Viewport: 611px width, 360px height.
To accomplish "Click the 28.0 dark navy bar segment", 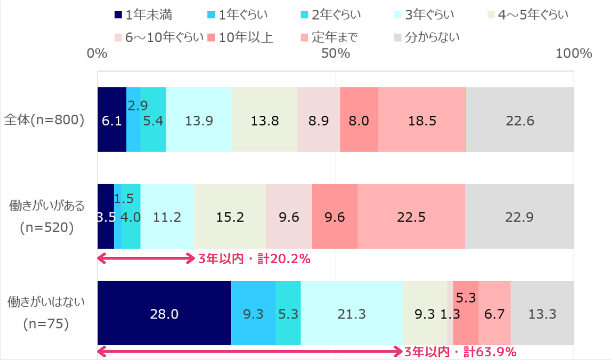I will click(164, 313).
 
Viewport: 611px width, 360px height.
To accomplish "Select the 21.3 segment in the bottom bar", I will click(352, 313).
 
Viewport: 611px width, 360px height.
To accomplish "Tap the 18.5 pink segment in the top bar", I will click(422, 120).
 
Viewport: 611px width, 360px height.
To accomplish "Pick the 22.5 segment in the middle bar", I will click(411, 216).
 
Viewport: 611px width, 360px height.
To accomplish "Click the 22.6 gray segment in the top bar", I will click(519, 120).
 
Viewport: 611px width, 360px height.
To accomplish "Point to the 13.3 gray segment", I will click(542, 313).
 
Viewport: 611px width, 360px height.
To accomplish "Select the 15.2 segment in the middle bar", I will click(230, 216).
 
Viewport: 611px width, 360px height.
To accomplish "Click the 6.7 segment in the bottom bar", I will click(494, 313).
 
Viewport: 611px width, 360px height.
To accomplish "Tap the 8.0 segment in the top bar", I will click(359, 120).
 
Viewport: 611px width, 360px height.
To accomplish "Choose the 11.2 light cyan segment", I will click(167, 216).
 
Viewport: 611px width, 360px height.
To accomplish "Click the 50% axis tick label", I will click(336, 54).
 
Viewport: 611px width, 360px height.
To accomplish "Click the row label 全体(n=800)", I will click(44, 120).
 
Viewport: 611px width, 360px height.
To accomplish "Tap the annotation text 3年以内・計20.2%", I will click(254, 259).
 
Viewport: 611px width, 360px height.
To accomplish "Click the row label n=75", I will click(46, 324).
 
